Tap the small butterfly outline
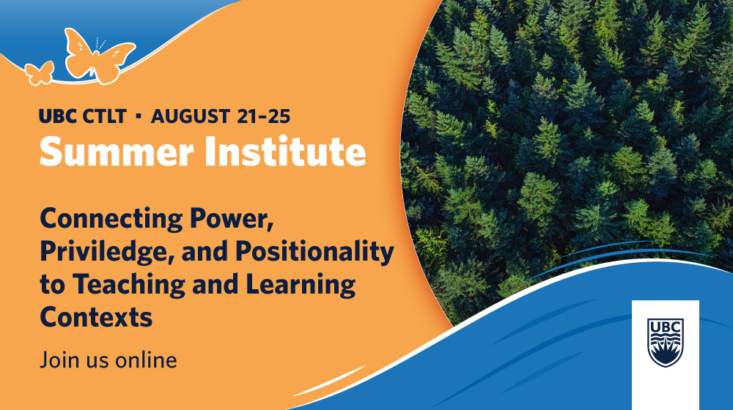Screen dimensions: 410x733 coord(39,72)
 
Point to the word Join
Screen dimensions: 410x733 coord(56,360)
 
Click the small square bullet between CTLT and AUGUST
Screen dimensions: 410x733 coord(139,116)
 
